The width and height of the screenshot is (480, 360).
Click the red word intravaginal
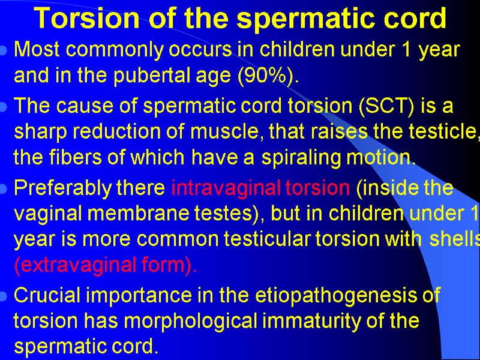click(225, 188)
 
